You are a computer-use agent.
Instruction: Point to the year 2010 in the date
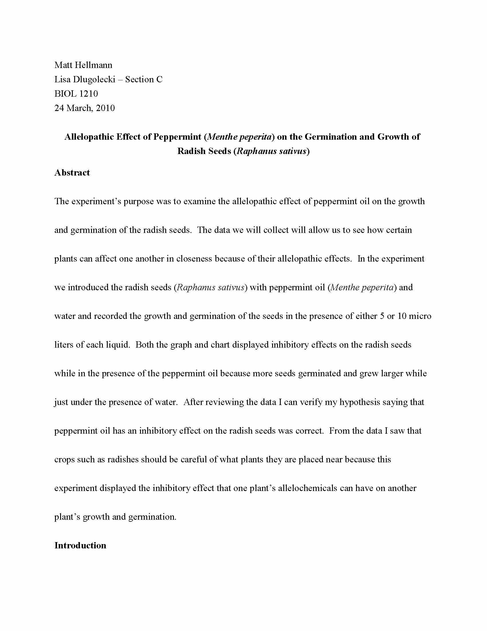[105, 108]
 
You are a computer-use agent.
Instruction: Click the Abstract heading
[72, 173]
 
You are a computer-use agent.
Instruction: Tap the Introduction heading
[80, 546]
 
